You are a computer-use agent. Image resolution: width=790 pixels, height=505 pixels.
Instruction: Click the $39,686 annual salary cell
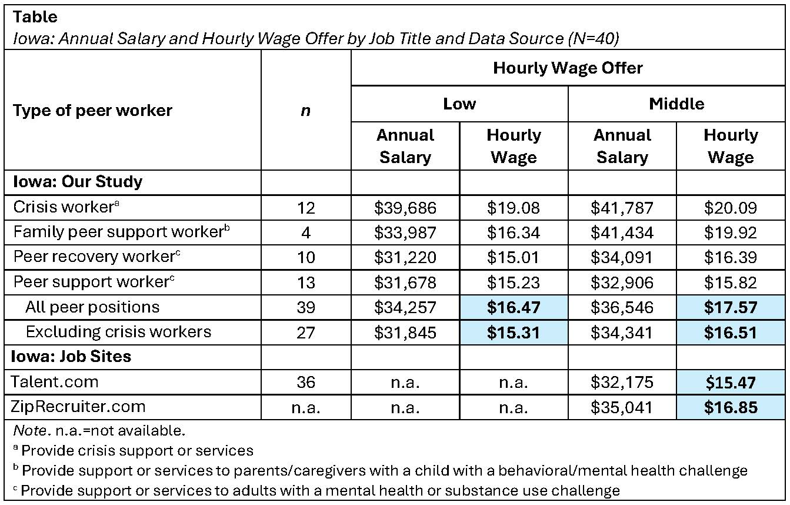pos(405,208)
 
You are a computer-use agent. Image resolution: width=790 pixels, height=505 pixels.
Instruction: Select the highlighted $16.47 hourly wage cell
pos(514,307)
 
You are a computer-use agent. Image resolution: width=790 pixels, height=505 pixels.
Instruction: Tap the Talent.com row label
pos(56,382)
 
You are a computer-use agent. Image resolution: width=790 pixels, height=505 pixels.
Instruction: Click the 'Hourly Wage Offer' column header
pos(568,68)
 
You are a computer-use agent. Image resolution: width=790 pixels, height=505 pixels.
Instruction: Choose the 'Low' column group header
pos(459,104)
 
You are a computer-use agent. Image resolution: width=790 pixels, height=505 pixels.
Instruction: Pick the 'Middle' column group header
pos(676,104)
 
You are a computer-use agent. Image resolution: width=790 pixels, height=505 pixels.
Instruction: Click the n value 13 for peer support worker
pos(306,283)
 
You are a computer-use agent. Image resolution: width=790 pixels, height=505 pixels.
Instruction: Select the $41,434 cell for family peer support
pos(622,232)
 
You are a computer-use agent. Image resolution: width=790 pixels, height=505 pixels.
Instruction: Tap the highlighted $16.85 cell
pos(731,407)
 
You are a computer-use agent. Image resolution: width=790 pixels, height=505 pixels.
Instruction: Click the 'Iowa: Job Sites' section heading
pos(72,357)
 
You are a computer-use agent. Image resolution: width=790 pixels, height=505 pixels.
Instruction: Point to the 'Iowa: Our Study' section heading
pos(78,182)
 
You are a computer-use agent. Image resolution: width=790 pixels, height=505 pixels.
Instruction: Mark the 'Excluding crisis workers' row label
pos(118,332)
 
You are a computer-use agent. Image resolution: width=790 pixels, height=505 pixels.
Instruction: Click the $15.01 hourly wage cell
pos(514,257)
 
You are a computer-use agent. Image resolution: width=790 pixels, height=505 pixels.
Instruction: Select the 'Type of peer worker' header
pos(92,111)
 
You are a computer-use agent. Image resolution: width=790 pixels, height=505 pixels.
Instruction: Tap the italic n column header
pos(305,111)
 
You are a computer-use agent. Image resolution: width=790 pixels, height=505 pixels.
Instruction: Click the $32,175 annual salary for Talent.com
pos(622,382)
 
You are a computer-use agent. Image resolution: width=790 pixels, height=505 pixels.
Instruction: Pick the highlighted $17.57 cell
pos(731,307)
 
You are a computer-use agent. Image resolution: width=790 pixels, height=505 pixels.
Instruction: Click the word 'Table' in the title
pos(35,17)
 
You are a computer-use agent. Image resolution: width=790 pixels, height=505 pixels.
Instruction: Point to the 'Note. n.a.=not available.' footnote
pos(99,431)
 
